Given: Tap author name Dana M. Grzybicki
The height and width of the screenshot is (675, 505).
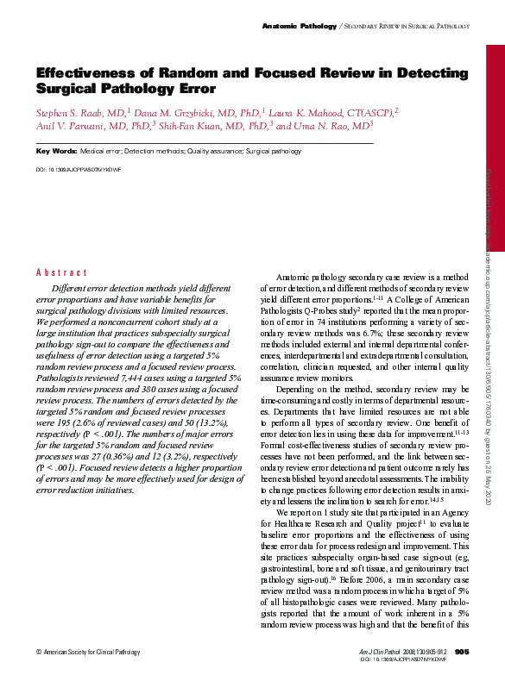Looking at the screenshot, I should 177,113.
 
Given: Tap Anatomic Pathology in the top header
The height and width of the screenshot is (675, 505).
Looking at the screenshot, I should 299,28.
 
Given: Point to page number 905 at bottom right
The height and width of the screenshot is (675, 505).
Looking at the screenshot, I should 461,651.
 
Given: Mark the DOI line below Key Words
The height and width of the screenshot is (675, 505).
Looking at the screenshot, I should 78,170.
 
